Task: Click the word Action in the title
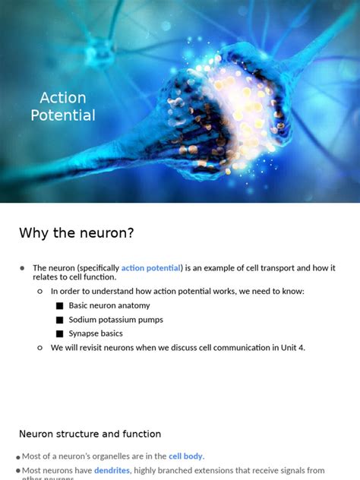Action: click(63, 98)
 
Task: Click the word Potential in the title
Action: click(63, 115)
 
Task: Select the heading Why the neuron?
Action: click(76, 232)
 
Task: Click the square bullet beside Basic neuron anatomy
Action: click(59, 305)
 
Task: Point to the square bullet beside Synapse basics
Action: click(59, 333)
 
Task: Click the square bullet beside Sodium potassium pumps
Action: click(59, 320)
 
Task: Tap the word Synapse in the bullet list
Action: click(85, 333)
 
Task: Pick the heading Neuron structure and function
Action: click(90, 434)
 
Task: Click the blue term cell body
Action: click(185, 456)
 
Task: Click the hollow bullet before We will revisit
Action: click(40, 348)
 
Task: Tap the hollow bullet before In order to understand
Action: click(40, 291)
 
